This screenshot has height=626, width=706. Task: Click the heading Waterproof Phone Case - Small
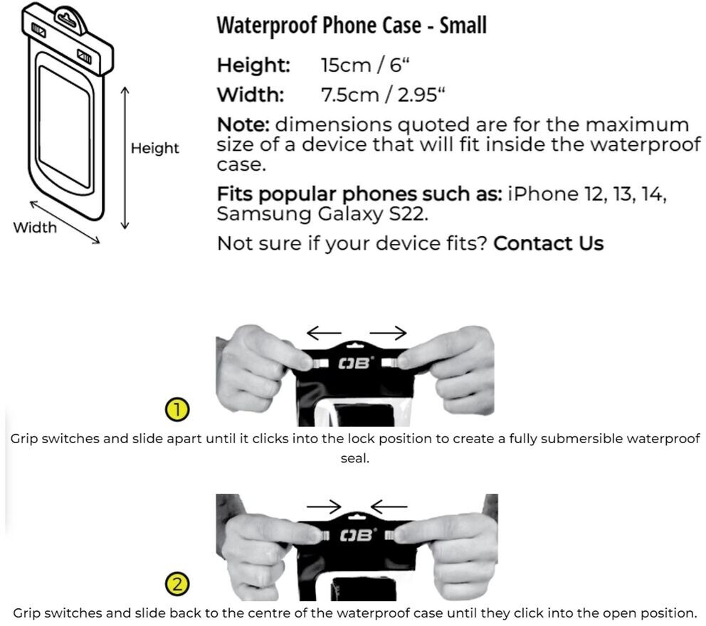(x=352, y=26)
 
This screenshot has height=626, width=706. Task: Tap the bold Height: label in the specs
(x=254, y=66)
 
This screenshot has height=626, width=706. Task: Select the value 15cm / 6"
(x=366, y=66)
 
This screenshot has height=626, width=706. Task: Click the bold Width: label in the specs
(x=250, y=95)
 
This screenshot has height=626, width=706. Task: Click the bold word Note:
(x=243, y=125)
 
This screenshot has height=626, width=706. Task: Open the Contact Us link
(x=548, y=244)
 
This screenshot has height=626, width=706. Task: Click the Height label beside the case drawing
(x=154, y=149)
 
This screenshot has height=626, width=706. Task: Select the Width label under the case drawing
(x=35, y=228)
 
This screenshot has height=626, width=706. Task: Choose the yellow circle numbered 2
(x=176, y=585)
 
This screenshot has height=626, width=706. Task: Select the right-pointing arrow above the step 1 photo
(x=388, y=333)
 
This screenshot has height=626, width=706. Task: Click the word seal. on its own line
(x=354, y=459)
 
